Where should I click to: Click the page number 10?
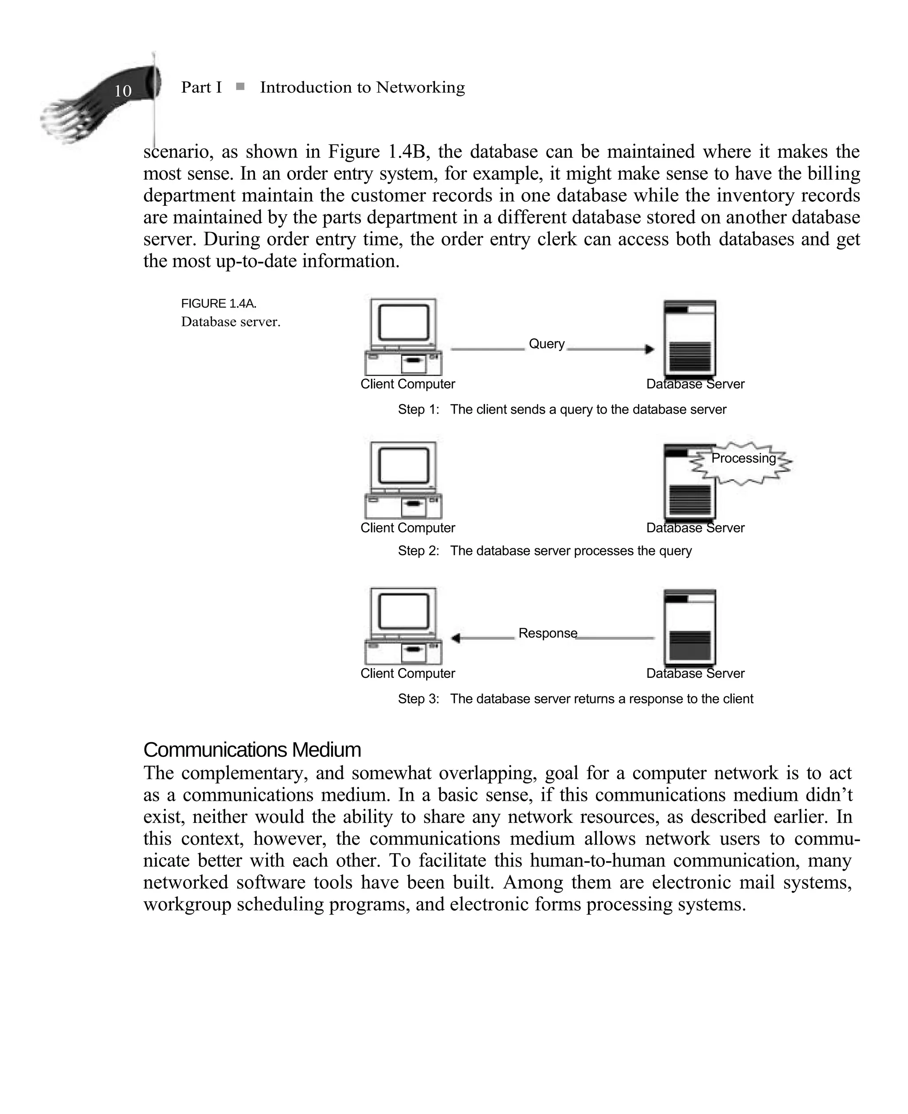point(123,91)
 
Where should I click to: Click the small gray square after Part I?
point(240,87)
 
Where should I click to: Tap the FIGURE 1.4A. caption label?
point(219,303)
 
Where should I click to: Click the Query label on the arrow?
point(547,344)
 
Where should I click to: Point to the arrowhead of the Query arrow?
point(650,349)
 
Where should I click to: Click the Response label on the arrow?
point(548,633)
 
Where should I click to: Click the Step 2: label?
point(419,551)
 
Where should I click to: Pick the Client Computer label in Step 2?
point(407,528)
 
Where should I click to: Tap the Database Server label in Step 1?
point(695,384)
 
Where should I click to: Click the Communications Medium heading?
point(252,750)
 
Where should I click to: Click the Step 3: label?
point(419,699)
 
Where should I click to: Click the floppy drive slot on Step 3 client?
point(413,650)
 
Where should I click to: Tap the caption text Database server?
point(231,322)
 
